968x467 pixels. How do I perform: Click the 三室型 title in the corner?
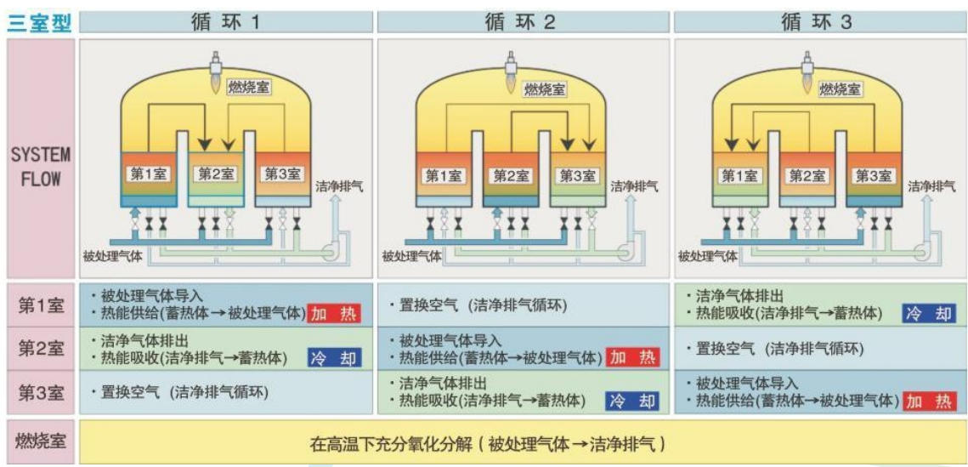coord(39,22)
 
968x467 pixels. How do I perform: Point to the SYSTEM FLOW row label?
coord(40,168)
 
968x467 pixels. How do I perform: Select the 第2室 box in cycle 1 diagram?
coord(216,174)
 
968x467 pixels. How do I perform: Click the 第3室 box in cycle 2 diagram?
coord(577,175)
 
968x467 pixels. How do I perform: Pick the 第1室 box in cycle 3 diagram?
coord(740,175)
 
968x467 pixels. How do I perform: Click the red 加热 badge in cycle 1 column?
coord(334,313)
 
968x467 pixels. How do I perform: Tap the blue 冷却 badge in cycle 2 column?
coord(631,401)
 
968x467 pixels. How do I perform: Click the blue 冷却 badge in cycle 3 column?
coord(929,313)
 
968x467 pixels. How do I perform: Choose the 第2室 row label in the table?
coord(41,348)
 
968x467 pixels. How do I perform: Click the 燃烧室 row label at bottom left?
coord(41,441)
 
